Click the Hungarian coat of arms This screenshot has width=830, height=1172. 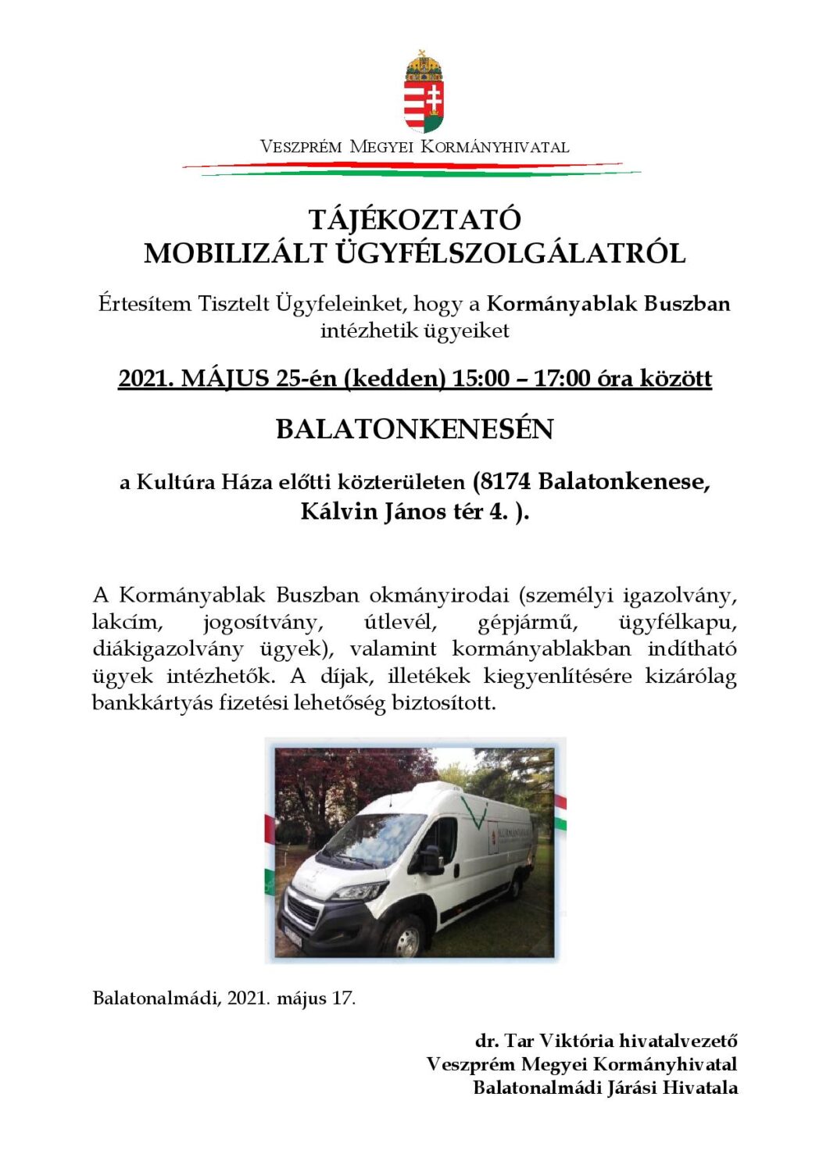(x=424, y=92)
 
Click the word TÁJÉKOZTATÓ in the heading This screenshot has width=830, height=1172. (x=414, y=220)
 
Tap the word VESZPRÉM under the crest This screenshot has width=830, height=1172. (x=301, y=147)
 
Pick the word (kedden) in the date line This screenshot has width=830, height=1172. (x=395, y=379)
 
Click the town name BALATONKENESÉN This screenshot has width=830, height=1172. (x=414, y=429)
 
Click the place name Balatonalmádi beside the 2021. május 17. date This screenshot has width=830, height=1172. (x=156, y=998)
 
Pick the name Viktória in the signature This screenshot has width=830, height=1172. (x=577, y=1041)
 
